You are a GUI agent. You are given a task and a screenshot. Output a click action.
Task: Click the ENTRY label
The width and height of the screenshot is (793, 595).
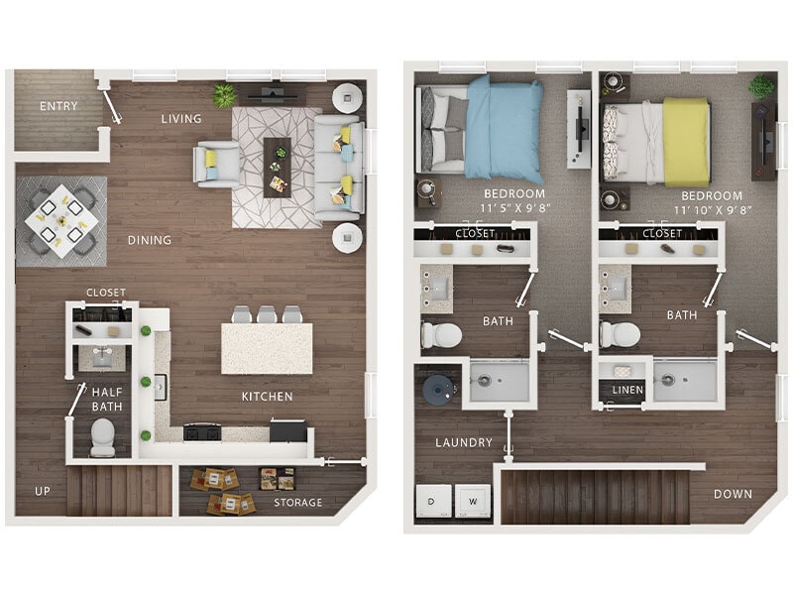58,106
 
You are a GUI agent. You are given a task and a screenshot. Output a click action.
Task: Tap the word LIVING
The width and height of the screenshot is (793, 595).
181,119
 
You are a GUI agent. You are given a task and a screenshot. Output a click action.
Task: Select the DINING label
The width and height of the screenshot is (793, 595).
149,240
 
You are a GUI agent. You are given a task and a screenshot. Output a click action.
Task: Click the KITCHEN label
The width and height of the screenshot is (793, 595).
267,397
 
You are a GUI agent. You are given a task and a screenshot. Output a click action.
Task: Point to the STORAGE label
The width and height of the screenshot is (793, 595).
298,503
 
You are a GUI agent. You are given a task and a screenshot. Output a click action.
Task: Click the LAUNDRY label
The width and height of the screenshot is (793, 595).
463,442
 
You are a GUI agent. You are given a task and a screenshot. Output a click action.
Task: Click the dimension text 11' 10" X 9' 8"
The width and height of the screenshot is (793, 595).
712,210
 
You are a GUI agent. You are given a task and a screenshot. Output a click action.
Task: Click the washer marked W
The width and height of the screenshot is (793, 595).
472,500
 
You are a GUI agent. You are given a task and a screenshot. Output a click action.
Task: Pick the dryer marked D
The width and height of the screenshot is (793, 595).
432,500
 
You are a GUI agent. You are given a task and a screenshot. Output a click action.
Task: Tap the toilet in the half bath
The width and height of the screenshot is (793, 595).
102,436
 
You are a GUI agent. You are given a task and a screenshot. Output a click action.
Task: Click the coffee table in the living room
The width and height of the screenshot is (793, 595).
277,166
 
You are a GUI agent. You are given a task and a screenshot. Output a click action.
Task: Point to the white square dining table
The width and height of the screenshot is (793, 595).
60,220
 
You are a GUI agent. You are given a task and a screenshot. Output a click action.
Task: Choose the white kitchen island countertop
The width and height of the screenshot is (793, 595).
266,349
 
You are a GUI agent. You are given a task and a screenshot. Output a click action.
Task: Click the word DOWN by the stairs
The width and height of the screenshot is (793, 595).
733,494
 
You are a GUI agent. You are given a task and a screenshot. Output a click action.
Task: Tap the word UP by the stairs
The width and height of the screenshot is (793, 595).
43,491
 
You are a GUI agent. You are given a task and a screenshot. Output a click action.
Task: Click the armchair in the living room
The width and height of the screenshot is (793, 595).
217,164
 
